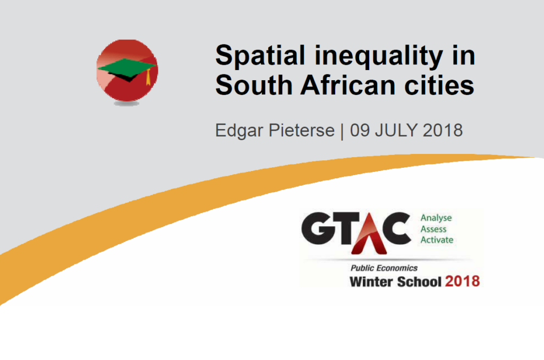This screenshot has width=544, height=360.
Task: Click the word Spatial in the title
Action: coord(260,56)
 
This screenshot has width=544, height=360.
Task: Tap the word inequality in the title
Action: coord(378,56)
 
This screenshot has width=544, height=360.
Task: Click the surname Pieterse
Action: coord(302,131)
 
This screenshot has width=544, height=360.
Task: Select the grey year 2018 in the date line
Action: coord(443,131)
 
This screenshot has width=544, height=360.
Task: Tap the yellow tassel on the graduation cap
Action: coord(149,77)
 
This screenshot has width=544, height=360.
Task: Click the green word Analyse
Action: coord(436,218)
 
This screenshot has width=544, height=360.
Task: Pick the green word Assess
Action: coord(433,229)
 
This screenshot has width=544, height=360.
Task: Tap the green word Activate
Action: coord(437,240)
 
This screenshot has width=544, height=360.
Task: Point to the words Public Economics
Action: coord(384,268)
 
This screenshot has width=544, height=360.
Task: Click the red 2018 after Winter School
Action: coord(463,281)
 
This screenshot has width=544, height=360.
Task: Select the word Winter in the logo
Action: coord(371,281)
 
